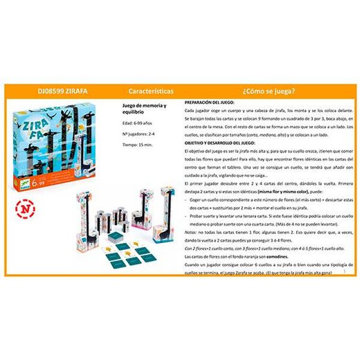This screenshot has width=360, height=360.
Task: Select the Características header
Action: [152, 91]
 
